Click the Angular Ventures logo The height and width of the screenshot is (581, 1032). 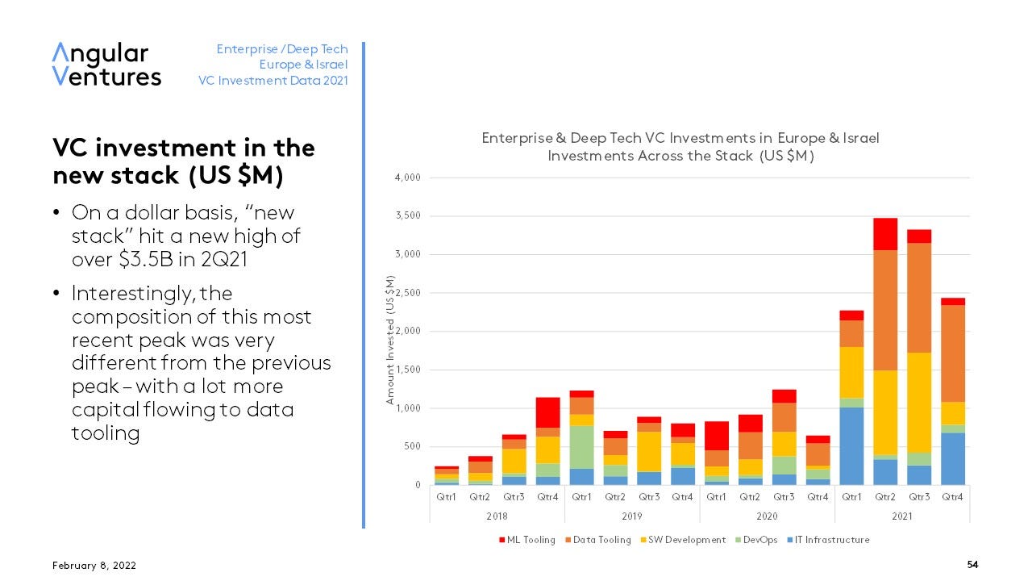tap(106, 65)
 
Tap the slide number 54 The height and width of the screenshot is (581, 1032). tap(972, 565)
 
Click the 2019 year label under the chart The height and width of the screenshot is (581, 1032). tap(631, 516)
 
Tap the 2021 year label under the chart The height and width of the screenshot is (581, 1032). tap(902, 516)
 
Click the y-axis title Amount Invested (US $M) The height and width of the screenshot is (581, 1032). tap(390, 339)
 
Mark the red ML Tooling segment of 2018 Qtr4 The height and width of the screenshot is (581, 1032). tap(547, 412)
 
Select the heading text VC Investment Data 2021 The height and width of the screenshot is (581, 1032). tap(273, 81)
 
